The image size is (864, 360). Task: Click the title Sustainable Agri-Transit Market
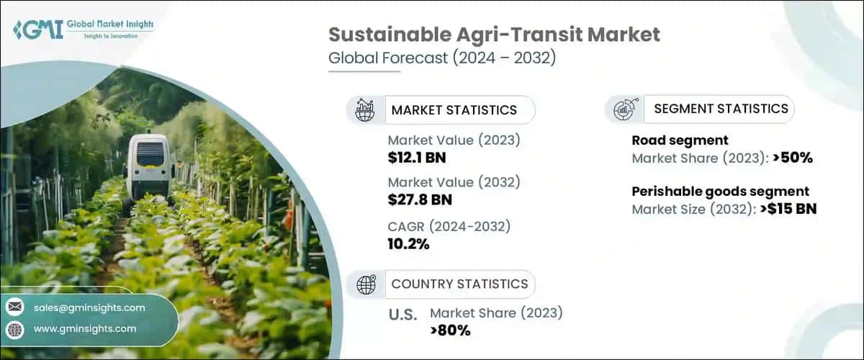[494, 34]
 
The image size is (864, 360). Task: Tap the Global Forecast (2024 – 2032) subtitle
[442, 59]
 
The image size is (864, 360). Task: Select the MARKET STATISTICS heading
[454, 110]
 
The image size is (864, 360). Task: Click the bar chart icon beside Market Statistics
[365, 110]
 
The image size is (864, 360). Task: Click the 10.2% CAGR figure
[408, 244]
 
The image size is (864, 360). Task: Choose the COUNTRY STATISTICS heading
[459, 284]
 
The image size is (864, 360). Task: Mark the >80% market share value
[450, 330]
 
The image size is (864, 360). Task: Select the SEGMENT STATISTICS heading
[721, 109]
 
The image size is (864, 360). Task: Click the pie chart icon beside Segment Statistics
[622, 109]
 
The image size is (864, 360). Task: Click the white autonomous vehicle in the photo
[150, 167]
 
